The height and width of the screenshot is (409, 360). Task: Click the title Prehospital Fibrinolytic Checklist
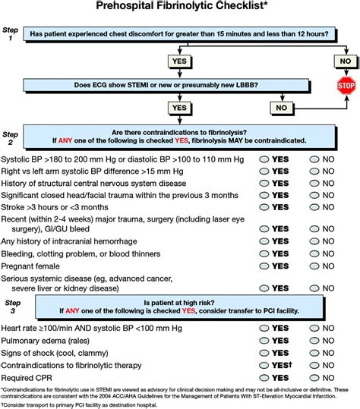pyautogui.click(x=179, y=8)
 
